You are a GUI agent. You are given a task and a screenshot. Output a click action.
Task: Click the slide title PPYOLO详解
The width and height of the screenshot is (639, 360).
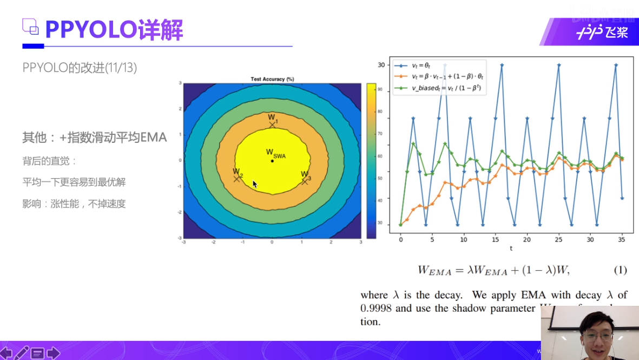pyautogui.click(x=114, y=30)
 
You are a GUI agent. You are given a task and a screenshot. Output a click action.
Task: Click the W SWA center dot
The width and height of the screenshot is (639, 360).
pyautogui.click(x=272, y=161)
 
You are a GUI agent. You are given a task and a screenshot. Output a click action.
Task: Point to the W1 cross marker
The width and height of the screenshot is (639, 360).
pyautogui.click(x=272, y=125)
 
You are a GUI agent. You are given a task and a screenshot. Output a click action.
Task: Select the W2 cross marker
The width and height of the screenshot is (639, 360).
pyautogui.click(x=237, y=178)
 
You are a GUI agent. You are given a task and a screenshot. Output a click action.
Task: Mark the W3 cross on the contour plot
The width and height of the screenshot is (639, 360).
pyautogui.click(x=305, y=181)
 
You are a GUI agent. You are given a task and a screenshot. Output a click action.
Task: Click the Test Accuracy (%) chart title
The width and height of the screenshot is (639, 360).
pyautogui.click(x=272, y=79)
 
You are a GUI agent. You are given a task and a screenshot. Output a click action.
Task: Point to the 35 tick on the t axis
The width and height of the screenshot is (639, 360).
pyautogui.click(x=622, y=239)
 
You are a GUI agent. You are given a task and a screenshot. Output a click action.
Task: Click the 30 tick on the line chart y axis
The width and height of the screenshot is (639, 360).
pyautogui.click(x=381, y=65)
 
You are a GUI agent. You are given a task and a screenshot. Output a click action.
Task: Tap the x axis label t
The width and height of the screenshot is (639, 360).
pyautogui.click(x=511, y=248)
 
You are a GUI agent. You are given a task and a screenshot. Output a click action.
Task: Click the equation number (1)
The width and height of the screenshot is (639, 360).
pyautogui.click(x=620, y=270)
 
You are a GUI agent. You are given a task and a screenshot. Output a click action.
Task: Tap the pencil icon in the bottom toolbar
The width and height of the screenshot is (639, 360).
pyautogui.click(x=22, y=353)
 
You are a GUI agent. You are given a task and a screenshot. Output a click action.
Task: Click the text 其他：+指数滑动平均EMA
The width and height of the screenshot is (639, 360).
pyautogui.click(x=94, y=138)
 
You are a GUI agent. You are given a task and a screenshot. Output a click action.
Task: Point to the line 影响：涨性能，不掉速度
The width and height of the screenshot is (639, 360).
pyautogui.click(x=74, y=204)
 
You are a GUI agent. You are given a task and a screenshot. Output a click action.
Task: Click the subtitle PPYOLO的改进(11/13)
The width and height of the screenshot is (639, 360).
pyautogui.click(x=80, y=68)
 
